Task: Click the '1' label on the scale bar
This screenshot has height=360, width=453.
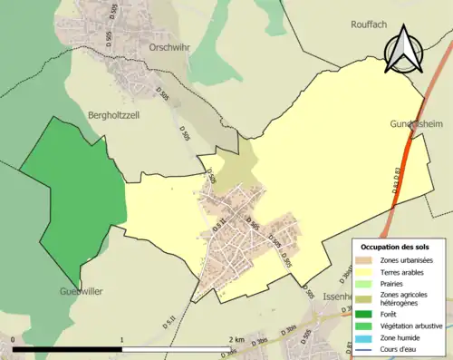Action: [x=121, y=339]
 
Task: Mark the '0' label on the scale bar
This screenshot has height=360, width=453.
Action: [x=13, y=339]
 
